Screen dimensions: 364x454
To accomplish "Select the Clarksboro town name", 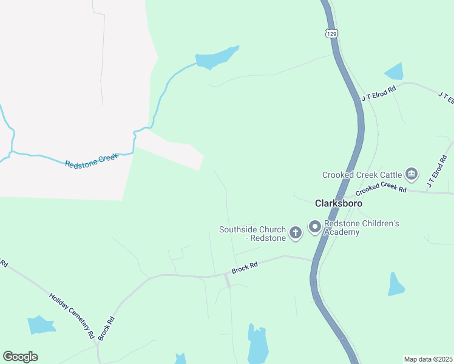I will (x=339, y=204).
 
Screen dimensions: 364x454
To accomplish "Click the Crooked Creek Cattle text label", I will (x=362, y=175).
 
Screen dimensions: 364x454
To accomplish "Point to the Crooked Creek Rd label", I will (x=381, y=188).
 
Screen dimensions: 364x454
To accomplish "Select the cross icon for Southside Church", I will (x=296, y=233).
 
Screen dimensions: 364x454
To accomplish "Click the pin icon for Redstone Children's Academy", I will (x=315, y=227).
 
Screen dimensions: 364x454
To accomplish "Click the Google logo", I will (x=20, y=357).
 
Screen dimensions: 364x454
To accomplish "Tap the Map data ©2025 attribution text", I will (x=428, y=359).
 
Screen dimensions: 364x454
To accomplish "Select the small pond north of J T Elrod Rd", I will (x=395, y=72).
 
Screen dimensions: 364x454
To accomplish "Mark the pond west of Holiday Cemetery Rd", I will (x=41, y=325).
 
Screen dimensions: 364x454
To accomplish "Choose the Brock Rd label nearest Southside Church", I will (x=245, y=268).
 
